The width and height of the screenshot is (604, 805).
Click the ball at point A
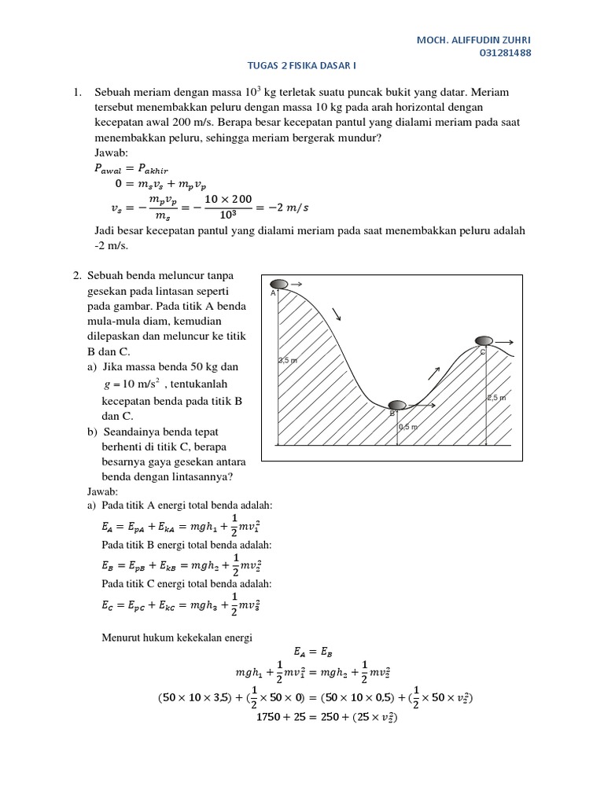[279, 284]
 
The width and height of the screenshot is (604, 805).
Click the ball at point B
[398, 405]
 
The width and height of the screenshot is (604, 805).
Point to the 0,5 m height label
[408, 427]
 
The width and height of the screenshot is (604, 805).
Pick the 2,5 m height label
[496, 398]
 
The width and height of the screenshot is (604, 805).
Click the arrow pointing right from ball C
[505, 342]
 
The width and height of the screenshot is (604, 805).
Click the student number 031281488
[505, 53]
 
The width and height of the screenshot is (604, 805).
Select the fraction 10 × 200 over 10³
[228, 208]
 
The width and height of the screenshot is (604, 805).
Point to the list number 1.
[77, 93]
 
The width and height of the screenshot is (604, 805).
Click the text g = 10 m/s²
[131, 384]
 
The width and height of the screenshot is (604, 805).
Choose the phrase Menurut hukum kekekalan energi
[177, 637]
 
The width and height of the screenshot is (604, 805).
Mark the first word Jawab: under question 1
[110, 153]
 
